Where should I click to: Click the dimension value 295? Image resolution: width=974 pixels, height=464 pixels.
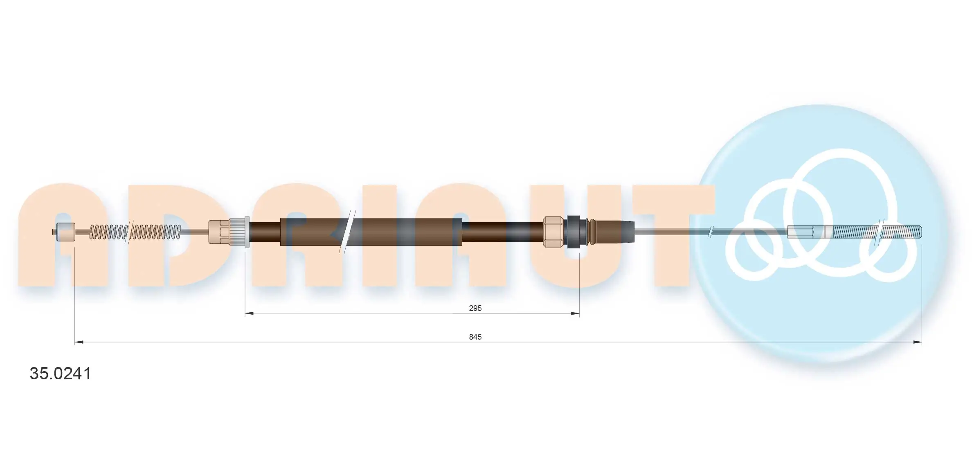[475, 308]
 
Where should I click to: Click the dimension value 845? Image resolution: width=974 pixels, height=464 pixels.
[475, 337]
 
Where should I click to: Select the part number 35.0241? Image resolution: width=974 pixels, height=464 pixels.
[61, 374]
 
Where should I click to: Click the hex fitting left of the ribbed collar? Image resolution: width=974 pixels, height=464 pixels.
[218, 232]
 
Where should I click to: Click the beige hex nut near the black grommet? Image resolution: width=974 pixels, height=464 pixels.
[553, 232]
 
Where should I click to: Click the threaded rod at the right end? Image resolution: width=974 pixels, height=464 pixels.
[875, 232]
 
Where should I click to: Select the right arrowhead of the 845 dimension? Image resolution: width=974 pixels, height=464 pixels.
[917, 342]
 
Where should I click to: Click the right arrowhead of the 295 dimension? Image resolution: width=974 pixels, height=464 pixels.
[575, 313]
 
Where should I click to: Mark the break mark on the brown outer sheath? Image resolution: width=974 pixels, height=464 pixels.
[347, 232]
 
